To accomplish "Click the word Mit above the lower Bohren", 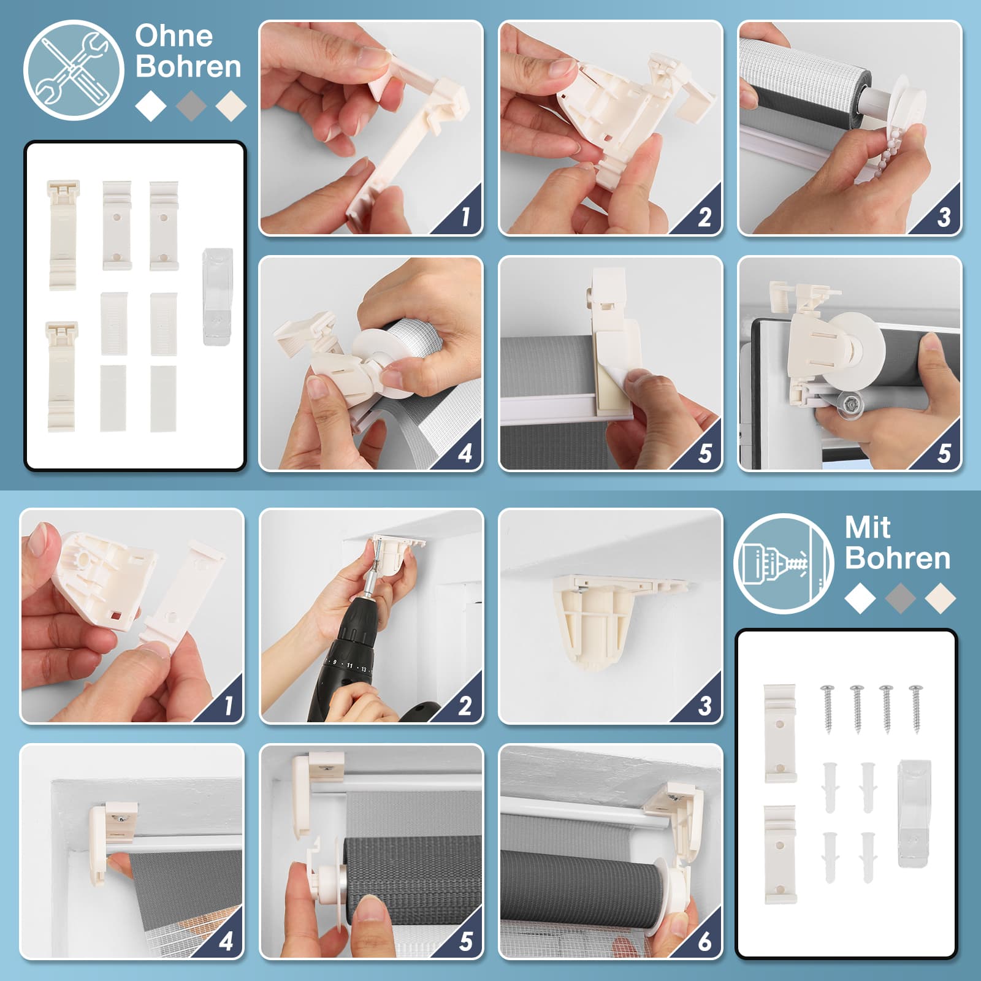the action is pyautogui.click(x=867, y=527).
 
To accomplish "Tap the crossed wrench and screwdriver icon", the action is pyautogui.click(x=74, y=70).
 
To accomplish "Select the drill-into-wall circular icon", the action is pyautogui.click(x=784, y=563).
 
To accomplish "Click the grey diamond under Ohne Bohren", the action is pyautogui.click(x=191, y=105).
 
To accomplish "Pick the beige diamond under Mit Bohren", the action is pyautogui.click(x=941, y=598).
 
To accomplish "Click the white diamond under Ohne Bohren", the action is pyautogui.click(x=151, y=105).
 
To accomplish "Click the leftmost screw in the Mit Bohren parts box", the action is pyautogui.click(x=828, y=708).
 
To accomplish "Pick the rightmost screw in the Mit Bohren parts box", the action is pyautogui.click(x=916, y=708).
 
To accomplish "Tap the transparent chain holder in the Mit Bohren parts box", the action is pyautogui.click(x=914, y=813).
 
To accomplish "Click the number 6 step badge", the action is pyautogui.click(x=704, y=941).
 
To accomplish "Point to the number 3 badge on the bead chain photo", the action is pyautogui.click(x=944, y=216).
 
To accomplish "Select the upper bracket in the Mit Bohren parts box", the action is pyautogui.click(x=780, y=733).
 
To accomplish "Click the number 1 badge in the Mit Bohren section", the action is pyautogui.click(x=228, y=706).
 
